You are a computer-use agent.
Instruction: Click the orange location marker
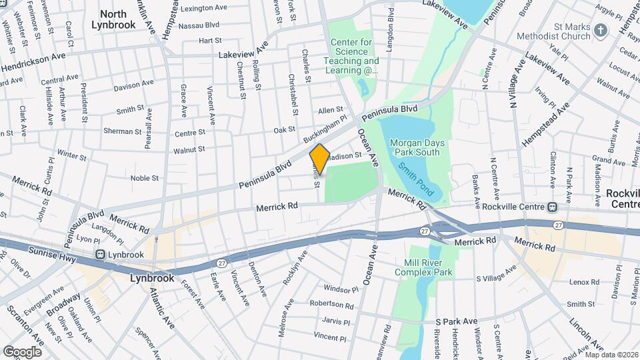click(320, 159)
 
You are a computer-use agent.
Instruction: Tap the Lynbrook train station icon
click(101, 254)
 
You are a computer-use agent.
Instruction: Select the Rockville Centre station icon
click(552, 207)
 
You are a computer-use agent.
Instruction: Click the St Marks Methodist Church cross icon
click(601, 30)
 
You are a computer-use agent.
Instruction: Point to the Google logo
click(22, 351)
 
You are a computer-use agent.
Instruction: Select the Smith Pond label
click(417, 180)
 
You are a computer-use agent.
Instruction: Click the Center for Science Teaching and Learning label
click(352, 56)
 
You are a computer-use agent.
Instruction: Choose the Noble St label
click(144, 178)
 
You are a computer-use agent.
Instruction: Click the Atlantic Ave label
click(161, 303)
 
